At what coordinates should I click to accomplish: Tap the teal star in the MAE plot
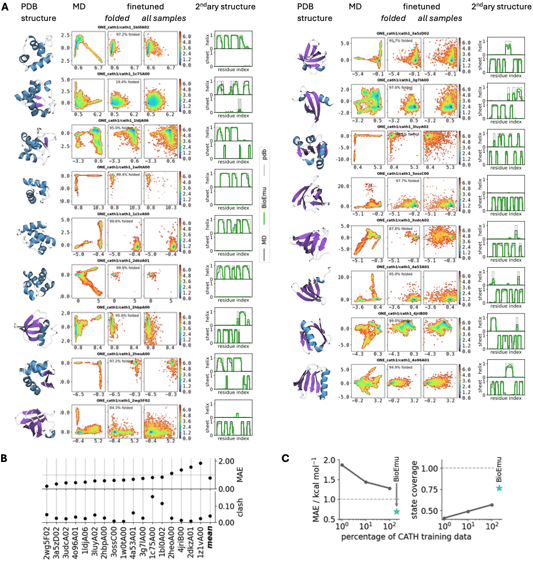click(396, 512)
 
